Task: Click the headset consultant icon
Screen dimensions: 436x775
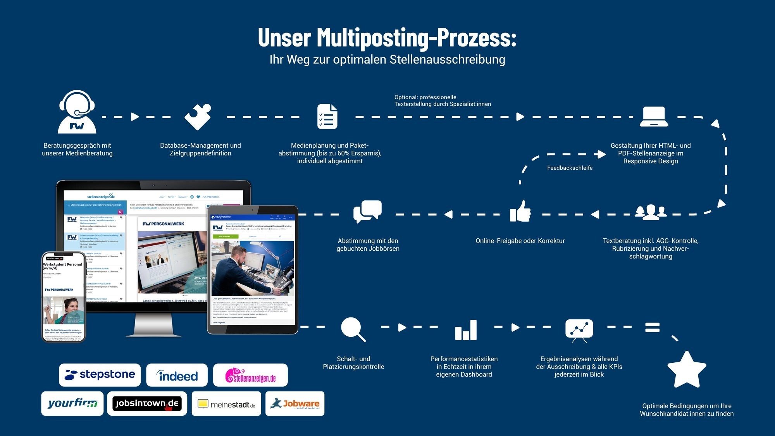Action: coord(77,112)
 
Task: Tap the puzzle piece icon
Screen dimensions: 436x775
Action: coord(198,117)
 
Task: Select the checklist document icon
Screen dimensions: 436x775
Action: coord(327,116)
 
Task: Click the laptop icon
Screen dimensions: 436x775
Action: coord(654,117)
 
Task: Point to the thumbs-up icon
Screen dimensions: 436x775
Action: coord(520,211)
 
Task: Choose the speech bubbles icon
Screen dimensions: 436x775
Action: coord(367,211)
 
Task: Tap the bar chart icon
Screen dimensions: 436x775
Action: coord(466,330)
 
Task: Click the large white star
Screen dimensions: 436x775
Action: coord(687,370)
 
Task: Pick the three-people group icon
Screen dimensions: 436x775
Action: coord(651,212)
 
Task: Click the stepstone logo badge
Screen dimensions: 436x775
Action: coord(100,375)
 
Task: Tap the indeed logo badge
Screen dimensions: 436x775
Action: coord(177,375)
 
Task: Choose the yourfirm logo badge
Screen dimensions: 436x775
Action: coord(72,403)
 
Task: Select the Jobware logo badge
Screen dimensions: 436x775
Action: coord(295,404)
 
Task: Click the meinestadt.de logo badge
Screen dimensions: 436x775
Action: coord(226,404)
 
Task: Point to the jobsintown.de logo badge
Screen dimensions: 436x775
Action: coord(147,403)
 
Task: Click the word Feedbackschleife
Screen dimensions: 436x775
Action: coord(570,168)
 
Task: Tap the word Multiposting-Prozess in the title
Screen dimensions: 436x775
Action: coord(417,38)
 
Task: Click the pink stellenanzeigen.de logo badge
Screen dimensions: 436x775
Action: coord(250,375)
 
